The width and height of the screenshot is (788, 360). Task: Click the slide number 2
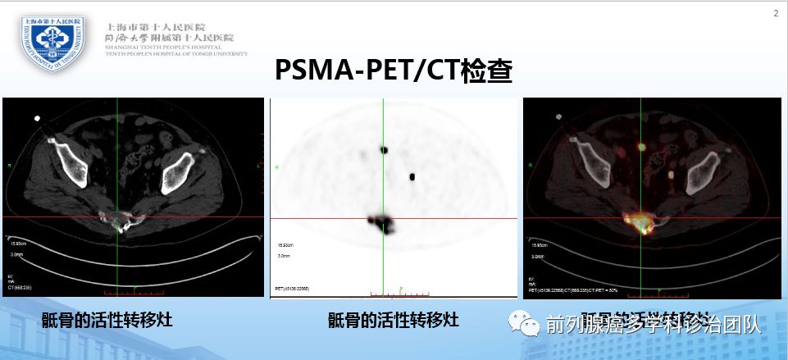(x=776, y=12)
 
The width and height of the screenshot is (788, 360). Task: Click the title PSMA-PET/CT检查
(x=393, y=71)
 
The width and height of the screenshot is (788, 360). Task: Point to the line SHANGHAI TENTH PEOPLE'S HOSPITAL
(x=159, y=48)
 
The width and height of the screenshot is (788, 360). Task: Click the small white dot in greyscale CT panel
(x=36, y=119)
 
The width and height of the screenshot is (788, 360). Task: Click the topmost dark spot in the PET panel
(x=383, y=149)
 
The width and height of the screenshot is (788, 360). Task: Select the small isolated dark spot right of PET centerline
(x=412, y=176)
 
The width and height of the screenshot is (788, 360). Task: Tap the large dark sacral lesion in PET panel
(x=383, y=223)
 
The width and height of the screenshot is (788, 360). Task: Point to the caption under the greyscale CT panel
(x=107, y=321)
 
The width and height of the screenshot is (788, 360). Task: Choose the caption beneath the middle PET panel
(x=393, y=321)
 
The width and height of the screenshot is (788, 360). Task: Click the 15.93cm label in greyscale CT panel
(x=18, y=244)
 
